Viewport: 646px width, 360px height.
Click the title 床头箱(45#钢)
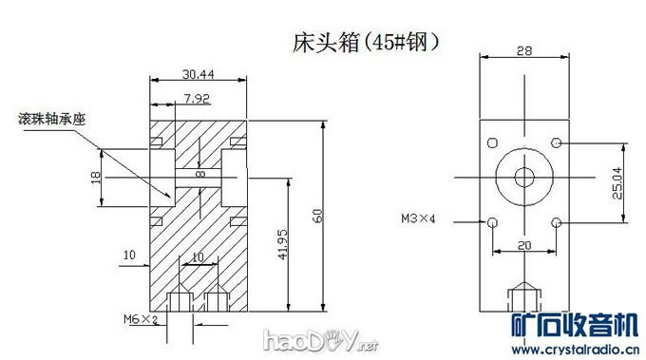pyautogui.click(x=366, y=44)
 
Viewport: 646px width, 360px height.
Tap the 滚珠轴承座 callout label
pyautogui.click(x=51, y=120)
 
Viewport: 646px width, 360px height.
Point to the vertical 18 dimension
pyautogui.click(x=94, y=177)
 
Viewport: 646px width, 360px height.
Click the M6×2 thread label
pyautogui.click(x=140, y=319)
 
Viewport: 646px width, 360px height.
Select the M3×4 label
pyautogui.click(x=418, y=219)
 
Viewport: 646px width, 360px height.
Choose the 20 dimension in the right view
pyautogui.click(x=523, y=245)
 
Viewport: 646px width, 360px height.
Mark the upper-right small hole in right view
pyautogui.click(x=556, y=142)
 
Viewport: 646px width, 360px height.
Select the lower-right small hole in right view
pyautogui.click(x=556, y=222)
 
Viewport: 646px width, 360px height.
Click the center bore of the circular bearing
pyautogui.click(x=523, y=176)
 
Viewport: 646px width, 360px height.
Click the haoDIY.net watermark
pyautogui.click(x=307, y=339)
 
